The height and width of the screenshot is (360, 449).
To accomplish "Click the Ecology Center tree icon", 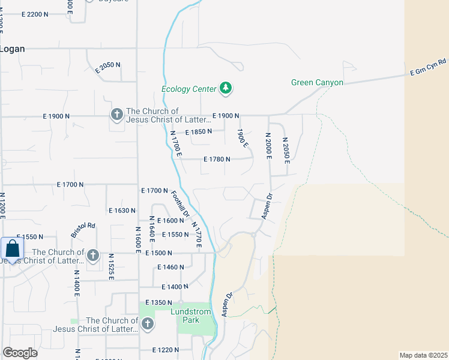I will point(226,89).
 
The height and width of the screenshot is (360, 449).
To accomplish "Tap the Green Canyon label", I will point(317,82).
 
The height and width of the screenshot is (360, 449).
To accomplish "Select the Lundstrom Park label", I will point(191,316).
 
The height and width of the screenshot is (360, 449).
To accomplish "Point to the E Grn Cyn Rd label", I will point(429,66).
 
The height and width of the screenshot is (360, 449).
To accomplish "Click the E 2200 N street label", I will point(43,14).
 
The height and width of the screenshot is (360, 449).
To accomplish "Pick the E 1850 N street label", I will point(198,132).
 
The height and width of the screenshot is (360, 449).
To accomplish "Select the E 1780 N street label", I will point(217,159).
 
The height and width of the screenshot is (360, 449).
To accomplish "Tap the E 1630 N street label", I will point(122,211).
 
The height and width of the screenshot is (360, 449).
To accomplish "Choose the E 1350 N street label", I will point(158,302).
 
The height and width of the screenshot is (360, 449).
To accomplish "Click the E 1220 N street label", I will point(166,350).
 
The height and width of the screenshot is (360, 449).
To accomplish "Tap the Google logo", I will point(20,353).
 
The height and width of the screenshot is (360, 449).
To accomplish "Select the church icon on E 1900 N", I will point(116,114).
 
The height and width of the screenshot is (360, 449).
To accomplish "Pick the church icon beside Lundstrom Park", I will point(146,325).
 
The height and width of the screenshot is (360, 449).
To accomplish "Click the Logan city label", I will point(12,49).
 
